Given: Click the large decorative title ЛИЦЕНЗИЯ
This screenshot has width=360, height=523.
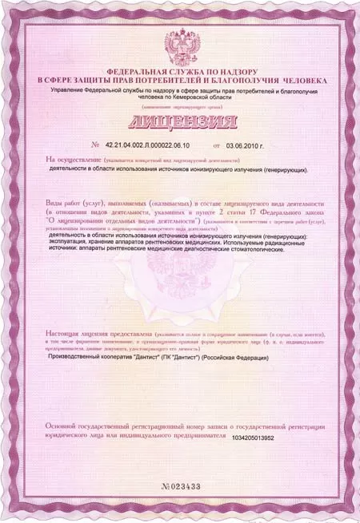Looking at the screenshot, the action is click(x=179, y=122).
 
